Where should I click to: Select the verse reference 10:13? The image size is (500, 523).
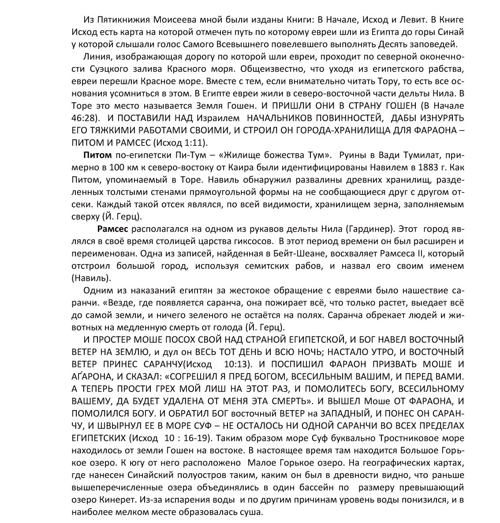[235, 364]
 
